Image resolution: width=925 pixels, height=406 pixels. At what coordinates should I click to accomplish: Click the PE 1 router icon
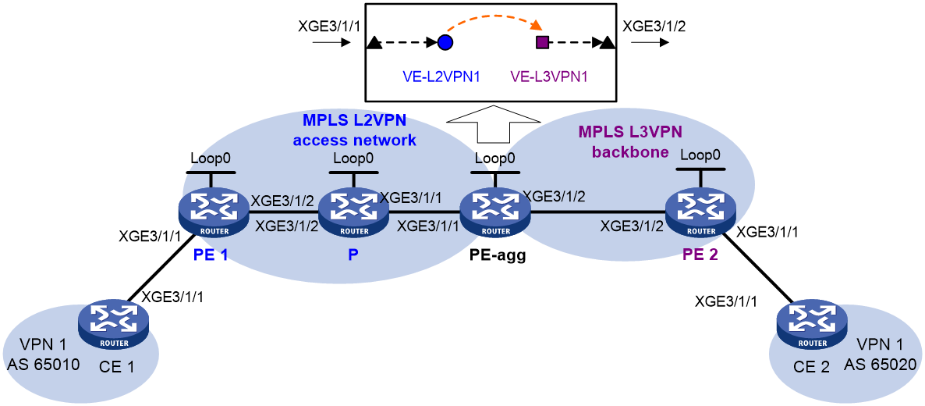213,213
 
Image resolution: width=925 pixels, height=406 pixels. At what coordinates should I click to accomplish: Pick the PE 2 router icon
700,213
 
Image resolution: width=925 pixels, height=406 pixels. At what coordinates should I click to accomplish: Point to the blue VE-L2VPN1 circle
445,43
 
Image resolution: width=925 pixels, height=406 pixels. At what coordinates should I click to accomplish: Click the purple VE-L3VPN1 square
542,42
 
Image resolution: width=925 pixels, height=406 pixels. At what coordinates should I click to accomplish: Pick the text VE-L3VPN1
548,77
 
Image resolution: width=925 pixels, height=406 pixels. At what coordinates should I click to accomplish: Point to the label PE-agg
495,257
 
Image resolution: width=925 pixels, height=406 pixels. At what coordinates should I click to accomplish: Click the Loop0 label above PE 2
700,155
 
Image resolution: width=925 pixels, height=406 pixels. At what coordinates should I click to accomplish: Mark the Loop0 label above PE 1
211,158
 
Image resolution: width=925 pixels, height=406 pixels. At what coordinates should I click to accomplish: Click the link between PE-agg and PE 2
597,212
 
